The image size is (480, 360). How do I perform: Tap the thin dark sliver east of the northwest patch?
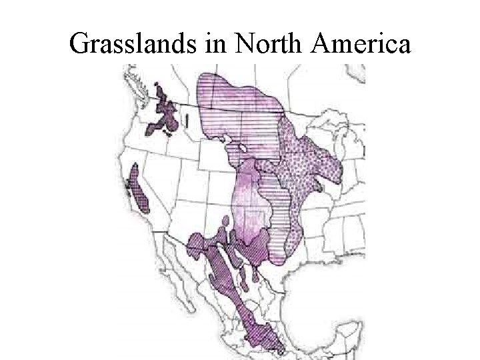(187, 120)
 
